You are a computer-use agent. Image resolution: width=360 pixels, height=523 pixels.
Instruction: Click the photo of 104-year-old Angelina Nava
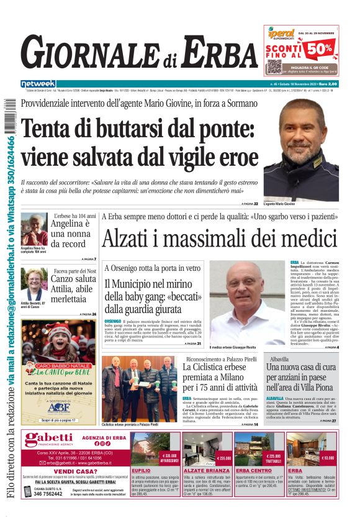point(34,229)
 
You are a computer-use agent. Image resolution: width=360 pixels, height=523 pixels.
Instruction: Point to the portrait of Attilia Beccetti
point(34,283)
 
